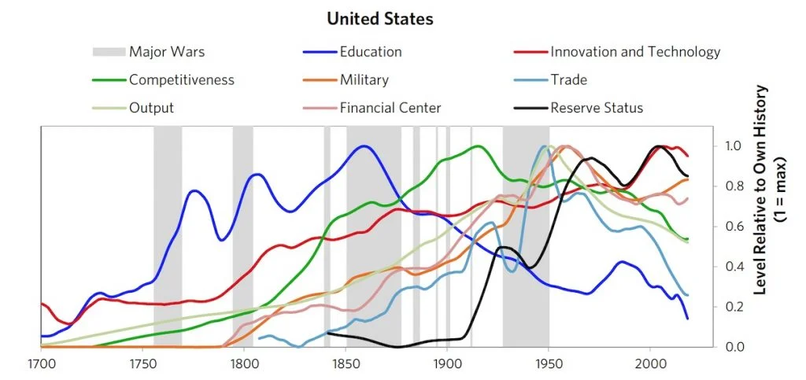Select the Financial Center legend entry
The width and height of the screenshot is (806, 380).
click(390, 107)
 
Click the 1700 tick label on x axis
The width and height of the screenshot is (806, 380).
click(41, 364)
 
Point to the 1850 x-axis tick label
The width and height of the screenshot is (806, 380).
click(346, 364)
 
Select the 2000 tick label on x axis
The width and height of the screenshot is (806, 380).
click(650, 364)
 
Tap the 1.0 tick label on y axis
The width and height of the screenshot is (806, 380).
click(733, 146)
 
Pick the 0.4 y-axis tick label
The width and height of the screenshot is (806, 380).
click(733, 267)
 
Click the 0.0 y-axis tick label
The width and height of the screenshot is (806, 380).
click(733, 347)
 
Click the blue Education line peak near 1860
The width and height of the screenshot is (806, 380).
click(364, 146)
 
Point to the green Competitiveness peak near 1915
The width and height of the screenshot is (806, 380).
click(477, 146)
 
